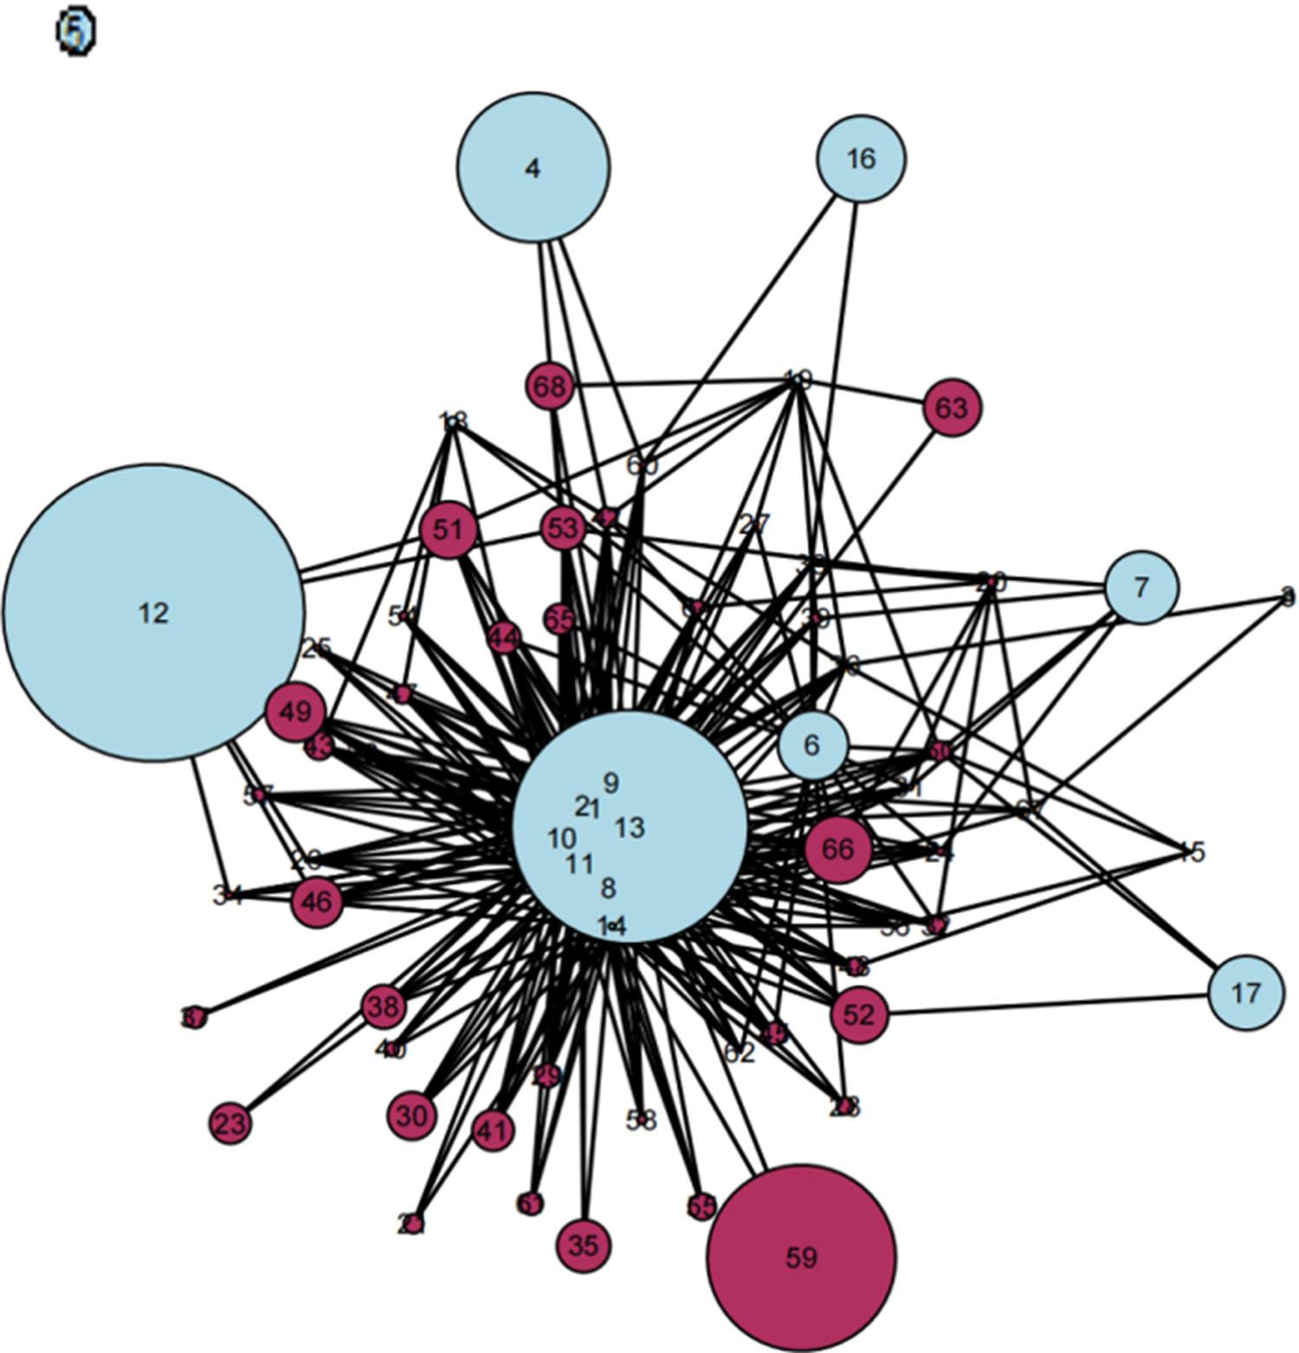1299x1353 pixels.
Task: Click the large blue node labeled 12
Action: [x=153, y=613]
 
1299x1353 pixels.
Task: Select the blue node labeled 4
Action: [x=533, y=167]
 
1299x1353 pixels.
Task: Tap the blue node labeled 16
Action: [x=861, y=158]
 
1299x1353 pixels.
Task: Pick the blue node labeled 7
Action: [x=1141, y=588]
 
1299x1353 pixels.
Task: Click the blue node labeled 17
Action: [x=1245, y=993]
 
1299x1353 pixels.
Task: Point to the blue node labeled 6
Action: [x=812, y=745]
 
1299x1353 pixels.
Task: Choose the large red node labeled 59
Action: [x=801, y=1258]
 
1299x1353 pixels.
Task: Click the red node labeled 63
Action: [x=952, y=407]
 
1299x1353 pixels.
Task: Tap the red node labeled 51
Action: [x=449, y=529]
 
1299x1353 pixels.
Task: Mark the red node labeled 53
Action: [x=563, y=527]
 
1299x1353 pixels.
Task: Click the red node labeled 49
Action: [x=295, y=712]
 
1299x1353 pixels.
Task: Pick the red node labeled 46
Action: [x=317, y=902]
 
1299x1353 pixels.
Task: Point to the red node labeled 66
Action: [x=837, y=849]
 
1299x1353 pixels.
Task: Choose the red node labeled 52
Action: [x=859, y=1015]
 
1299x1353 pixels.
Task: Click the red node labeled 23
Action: [x=229, y=1124]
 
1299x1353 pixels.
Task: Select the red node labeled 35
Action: [x=584, y=1246]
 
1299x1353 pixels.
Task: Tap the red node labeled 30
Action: [x=412, y=1116]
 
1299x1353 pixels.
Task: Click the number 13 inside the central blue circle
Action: [x=630, y=828]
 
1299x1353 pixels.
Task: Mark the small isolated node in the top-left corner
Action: [x=75, y=32]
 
